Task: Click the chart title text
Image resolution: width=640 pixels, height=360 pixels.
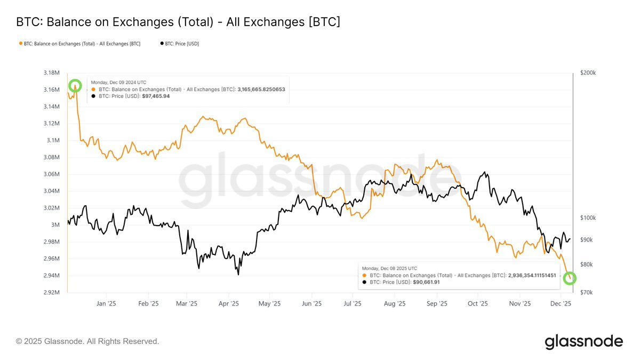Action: point(178,22)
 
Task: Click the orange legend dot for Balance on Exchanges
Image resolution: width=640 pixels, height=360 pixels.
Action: point(21,44)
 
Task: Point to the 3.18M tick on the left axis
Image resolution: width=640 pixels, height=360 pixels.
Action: point(52,73)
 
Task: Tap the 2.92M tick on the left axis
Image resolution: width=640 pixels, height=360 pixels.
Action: point(52,293)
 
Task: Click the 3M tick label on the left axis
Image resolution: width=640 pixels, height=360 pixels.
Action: point(56,225)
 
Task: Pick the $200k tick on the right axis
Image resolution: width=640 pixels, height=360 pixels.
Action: point(588,73)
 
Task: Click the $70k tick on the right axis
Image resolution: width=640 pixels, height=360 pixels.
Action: point(586,293)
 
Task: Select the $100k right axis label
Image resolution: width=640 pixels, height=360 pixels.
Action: point(588,218)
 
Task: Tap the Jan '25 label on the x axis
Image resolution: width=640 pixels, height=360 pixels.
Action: point(106,303)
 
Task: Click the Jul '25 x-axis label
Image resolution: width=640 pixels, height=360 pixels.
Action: point(352,303)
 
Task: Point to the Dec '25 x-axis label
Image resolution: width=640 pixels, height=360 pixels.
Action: point(561,303)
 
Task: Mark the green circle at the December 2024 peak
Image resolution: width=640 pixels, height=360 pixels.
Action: point(75,85)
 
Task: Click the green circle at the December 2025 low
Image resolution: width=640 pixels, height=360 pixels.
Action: point(570,278)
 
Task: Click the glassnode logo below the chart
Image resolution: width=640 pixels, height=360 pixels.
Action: point(583,341)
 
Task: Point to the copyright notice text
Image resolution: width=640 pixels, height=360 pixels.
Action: point(87,341)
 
